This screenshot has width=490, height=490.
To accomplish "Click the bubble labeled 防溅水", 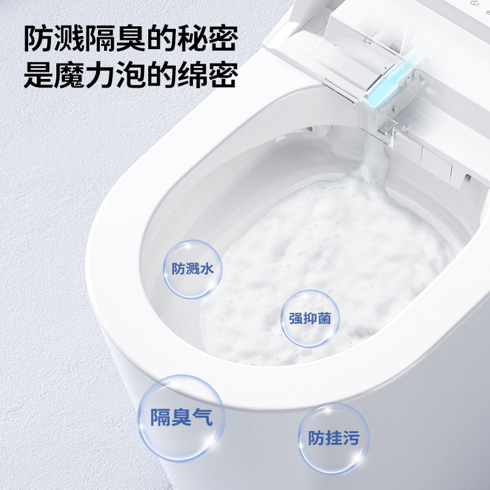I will point(193,269).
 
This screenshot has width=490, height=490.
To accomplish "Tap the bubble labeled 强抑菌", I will point(310,318).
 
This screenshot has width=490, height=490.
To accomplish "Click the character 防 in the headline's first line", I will point(38,40).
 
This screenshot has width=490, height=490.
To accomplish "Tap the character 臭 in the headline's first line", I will point(130,40).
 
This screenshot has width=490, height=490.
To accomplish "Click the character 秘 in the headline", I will point(192,40).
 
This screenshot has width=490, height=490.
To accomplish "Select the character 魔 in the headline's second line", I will point(69,76).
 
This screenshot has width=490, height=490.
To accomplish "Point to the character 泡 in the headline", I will point(130,76).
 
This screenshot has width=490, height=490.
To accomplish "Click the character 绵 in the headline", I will point(192,76).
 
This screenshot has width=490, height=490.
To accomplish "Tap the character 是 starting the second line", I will point(38,76).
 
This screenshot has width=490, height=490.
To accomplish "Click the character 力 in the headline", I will point(100,76).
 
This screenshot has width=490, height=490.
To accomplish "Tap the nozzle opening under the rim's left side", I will point(318,130).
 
